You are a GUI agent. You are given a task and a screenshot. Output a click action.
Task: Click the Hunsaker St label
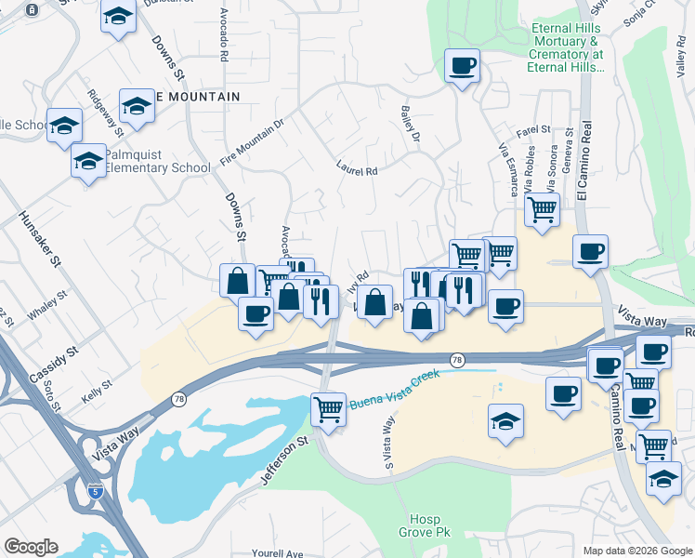(x=38, y=241)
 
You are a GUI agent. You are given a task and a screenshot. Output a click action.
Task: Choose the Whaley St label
(x=47, y=306)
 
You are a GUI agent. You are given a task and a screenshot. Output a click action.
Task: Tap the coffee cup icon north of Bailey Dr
(x=462, y=66)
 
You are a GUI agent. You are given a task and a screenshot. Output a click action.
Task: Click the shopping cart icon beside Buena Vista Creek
(x=328, y=408)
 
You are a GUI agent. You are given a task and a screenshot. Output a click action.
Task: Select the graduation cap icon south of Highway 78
(x=505, y=420)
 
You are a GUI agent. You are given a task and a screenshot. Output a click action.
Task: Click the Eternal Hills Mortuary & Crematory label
(x=567, y=48)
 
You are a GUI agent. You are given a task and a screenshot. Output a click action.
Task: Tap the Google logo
(x=31, y=547)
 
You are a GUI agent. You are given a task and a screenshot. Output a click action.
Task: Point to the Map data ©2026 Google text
(x=636, y=551)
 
